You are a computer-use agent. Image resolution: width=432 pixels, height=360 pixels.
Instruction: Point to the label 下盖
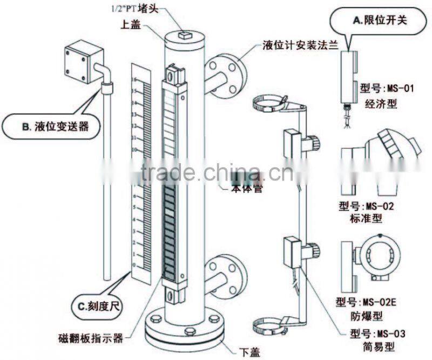249,352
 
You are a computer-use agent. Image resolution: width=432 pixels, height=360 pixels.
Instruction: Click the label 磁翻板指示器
90,338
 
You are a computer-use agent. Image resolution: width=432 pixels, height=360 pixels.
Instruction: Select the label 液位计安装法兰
300,46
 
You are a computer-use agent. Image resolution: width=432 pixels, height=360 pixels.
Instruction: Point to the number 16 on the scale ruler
133,79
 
